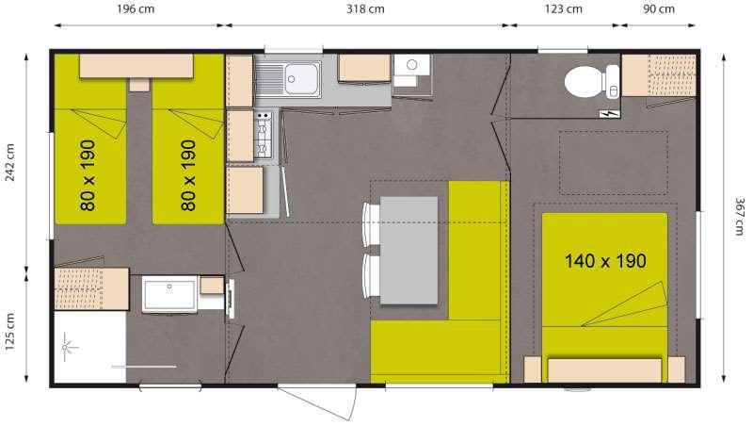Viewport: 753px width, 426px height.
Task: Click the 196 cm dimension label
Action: pyautogui.click(x=136, y=9)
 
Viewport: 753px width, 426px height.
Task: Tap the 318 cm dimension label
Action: pyautogui.click(x=365, y=9)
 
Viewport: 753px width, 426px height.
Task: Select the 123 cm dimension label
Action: pyautogui.click(x=563, y=9)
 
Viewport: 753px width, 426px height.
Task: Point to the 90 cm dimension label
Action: pyautogui.click(x=658, y=9)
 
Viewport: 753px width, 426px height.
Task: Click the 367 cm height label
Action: pyautogui.click(x=740, y=217)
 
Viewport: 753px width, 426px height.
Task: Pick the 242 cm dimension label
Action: pyautogui.click(x=10, y=162)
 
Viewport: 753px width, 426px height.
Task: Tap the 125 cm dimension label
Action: pyautogui.click(x=10, y=333)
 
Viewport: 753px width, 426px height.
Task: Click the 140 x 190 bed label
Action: pyautogui.click(x=605, y=261)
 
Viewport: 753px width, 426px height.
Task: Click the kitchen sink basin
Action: pyautogui.click(x=301, y=79)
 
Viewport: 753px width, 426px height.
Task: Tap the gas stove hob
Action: pyautogui.click(x=264, y=135)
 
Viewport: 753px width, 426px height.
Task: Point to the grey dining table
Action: pyautogui.click(x=409, y=250)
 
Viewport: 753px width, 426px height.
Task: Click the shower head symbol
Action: pyautogui.click(x=67, y=347)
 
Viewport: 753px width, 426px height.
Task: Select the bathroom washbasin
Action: pyautogui.click(x=169, y=294)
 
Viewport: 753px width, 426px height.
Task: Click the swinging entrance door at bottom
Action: pyautogui.click(x=318, y=401)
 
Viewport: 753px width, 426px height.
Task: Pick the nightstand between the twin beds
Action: pyautogui.click(x=139, y=85)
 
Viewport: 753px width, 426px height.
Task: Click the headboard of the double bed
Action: pyautogui.click(x=604, y=370)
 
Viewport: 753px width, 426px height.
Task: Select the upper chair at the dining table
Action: pyautogui.click(x=371, y=224)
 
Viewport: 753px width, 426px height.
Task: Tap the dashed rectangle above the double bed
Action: pyautogui.click(x=614, y=163)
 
